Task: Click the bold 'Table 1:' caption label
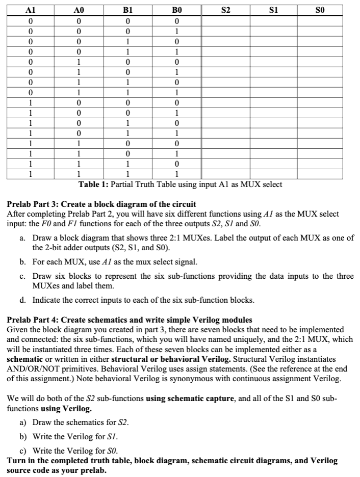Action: point(93,184)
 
